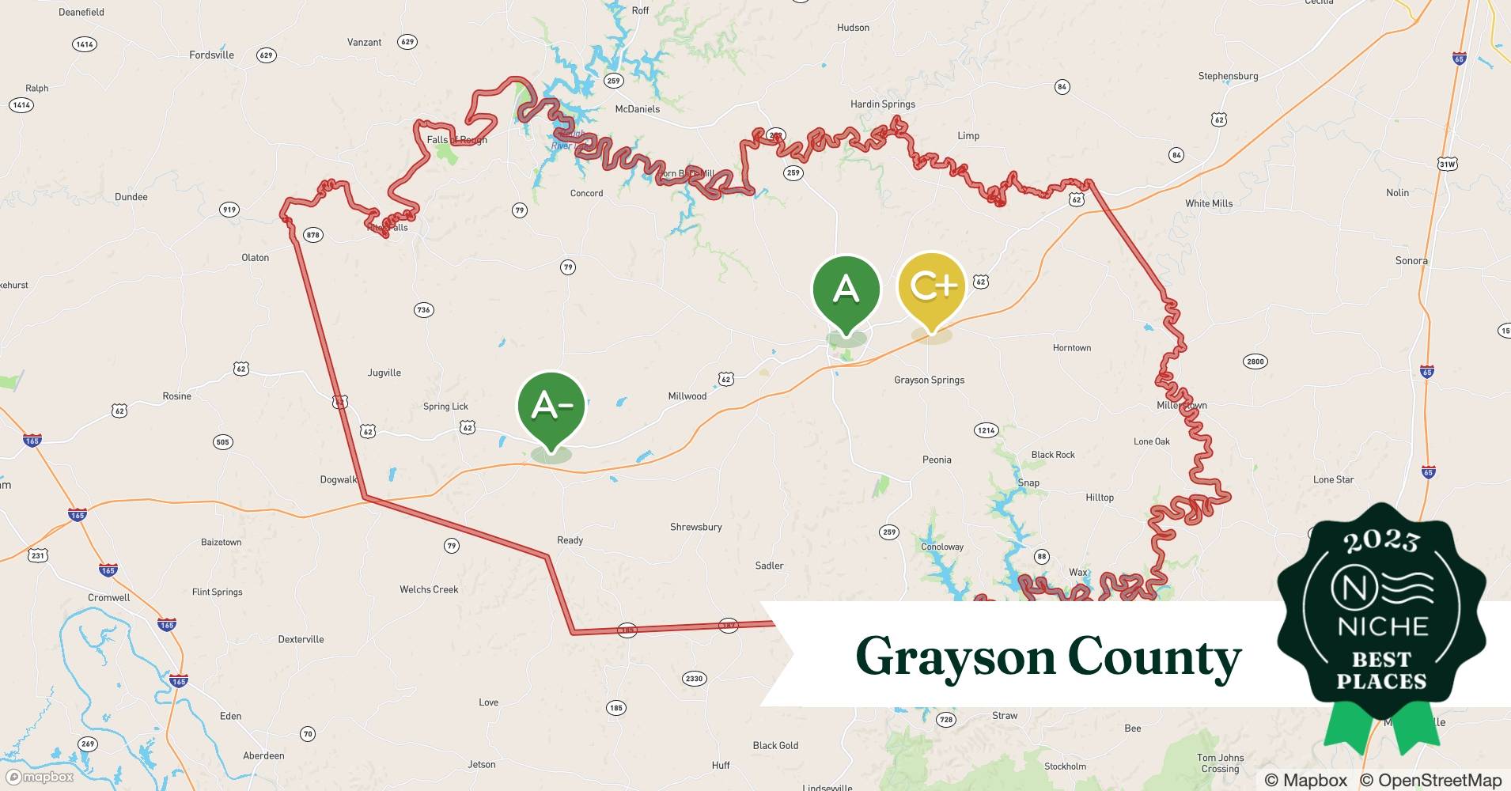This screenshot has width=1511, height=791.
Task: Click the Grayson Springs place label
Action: [929, 380]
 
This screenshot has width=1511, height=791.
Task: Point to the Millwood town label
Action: [687, 396]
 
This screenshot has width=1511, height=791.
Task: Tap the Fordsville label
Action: [211, 55]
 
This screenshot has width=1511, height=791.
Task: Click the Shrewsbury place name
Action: [695, 527]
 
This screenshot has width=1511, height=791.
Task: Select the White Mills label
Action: [1208, 203]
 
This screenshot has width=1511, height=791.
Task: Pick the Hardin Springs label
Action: [882, 104]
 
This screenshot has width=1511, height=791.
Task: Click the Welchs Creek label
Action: [429, 589]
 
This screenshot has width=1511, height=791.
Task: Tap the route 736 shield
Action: [423, 310]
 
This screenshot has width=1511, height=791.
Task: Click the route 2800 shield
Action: [1255, 361]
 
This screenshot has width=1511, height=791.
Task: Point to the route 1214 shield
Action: [986, 430]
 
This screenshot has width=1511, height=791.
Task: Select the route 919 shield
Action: [229, 210]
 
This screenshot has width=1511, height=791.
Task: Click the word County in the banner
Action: [1154, 657]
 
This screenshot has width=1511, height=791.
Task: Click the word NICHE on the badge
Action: [1382, 627]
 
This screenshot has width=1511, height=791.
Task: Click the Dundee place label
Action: [131, 197]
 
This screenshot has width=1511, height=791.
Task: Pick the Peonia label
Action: [937, 460]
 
